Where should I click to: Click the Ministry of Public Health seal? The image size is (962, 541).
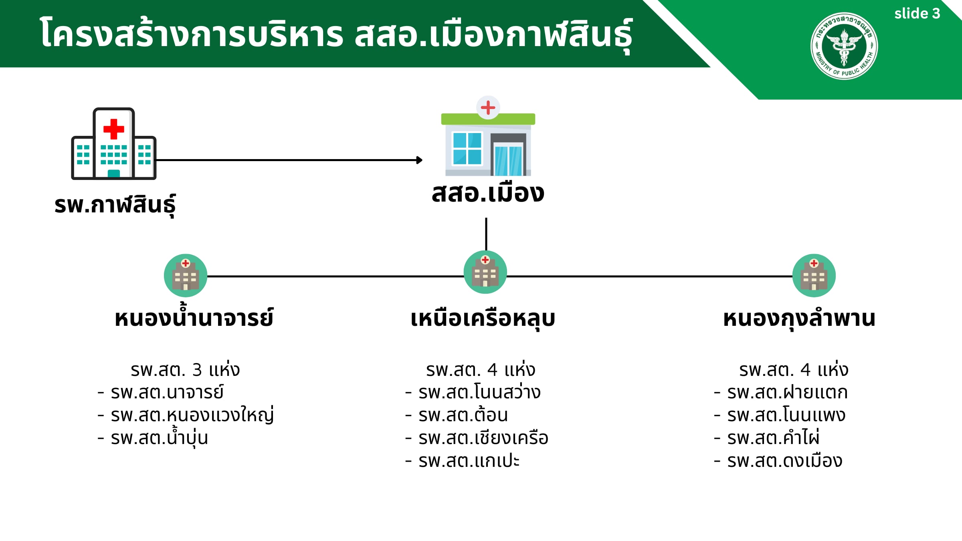tap(844, 46)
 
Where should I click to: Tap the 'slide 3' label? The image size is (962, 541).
tap(917, 14)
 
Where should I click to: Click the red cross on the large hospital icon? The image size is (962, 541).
tap(114, 129)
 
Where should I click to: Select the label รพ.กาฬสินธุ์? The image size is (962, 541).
tap(115, 205)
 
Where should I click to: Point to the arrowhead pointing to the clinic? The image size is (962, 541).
tap(419, 160)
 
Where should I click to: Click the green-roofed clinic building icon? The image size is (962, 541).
tap(488, 136)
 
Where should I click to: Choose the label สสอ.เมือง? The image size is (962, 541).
tap(488, 193)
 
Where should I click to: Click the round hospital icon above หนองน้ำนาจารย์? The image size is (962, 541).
tap(186, 276)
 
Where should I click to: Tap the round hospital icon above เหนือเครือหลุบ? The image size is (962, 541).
tap(485, 272)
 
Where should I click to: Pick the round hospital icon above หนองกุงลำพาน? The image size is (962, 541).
tap(814, 276)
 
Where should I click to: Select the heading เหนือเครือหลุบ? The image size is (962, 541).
tap(483, 319)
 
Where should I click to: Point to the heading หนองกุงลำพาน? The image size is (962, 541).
tap(799, 319)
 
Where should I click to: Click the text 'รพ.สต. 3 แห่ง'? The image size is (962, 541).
tap(185, 369)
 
